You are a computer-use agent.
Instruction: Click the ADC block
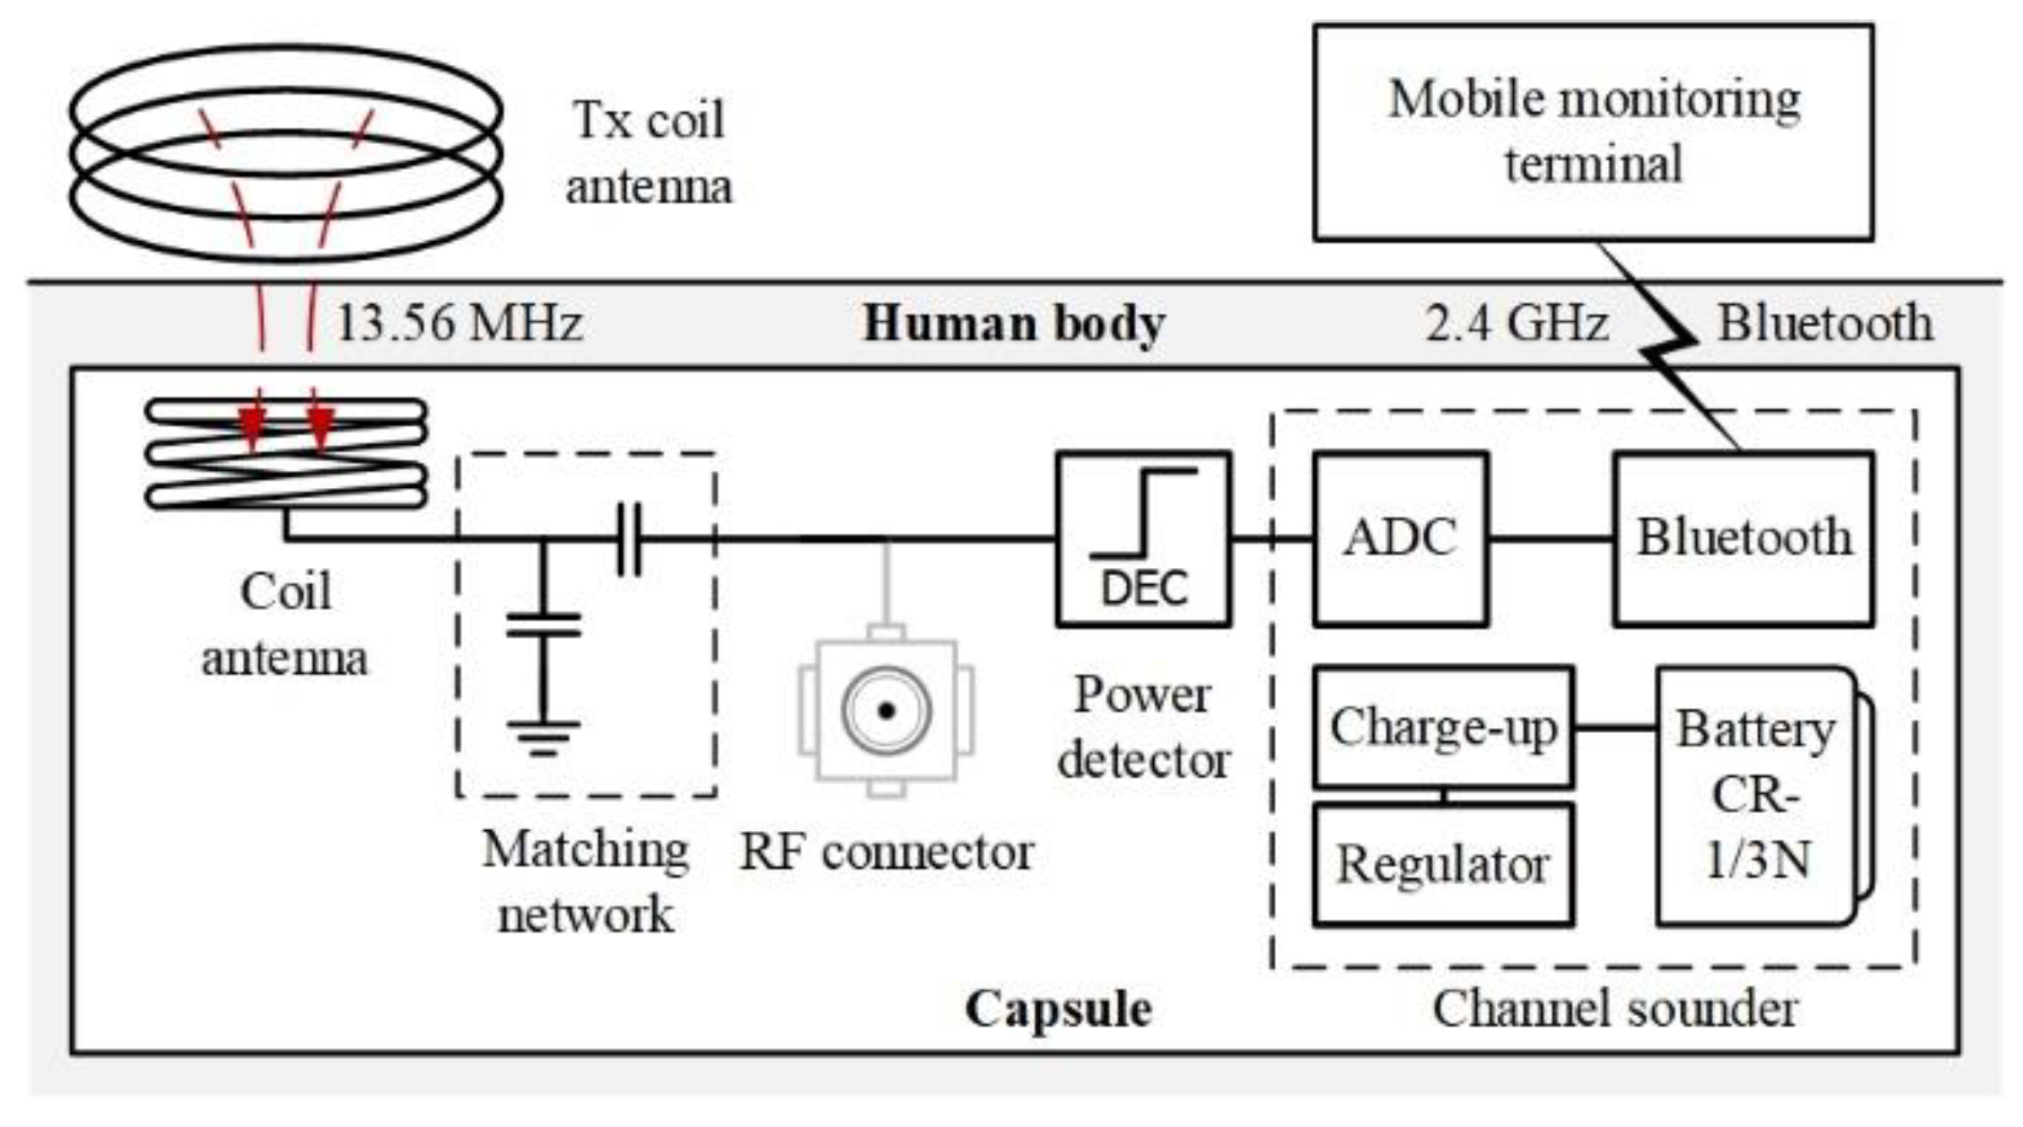tap(1400, 539)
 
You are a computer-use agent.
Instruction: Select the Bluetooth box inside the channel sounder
tap(1743, 539)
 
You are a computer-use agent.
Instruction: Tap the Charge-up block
tap(1443, 727)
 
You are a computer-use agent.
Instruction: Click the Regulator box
tap(1443, 865)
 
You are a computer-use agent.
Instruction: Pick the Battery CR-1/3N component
tap(1756, 795)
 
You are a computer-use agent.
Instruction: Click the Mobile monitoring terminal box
tap(1593, 132)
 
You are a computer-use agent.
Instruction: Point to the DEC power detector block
tap(1143, 539)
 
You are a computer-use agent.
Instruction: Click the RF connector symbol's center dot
tap(886, 711)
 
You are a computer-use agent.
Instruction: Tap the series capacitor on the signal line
tap(630, 539)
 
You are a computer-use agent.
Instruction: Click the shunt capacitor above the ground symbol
tap(543, 625)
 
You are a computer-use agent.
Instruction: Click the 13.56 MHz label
tap(459, 323)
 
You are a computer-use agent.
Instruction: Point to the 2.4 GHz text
tap(1516, 324)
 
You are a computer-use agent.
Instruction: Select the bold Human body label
tap(1013, 324)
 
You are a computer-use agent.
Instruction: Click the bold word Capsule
tap(1058, 1009)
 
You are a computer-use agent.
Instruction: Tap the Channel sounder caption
tap(1614, 1009)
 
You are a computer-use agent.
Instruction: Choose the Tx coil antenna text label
tap(648, 154)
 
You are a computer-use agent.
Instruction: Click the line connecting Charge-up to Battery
tap(1614, 727)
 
